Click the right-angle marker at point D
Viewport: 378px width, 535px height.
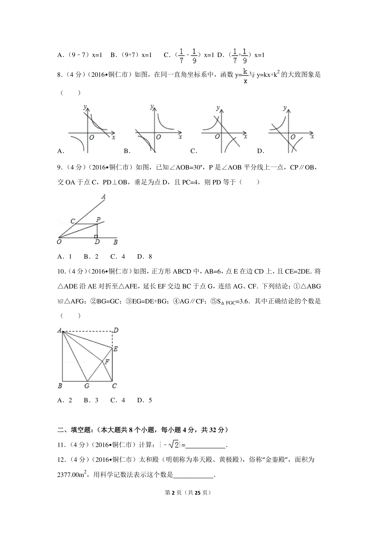click(96, 236)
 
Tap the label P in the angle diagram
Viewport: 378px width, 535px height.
click(99, 220)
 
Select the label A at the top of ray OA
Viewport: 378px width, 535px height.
click(103, 197)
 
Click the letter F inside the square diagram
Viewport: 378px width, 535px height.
click(107, 362)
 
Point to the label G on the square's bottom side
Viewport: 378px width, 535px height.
click(87, 386)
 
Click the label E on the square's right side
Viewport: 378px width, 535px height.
click(115, 349)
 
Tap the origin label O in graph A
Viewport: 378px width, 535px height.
click(92, 137)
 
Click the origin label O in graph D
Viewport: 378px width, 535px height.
click(293, 137)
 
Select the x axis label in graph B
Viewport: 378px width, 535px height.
click(180, 137)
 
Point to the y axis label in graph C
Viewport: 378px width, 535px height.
click(218, 108)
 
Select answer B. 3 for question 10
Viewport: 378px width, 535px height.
click(91, 400)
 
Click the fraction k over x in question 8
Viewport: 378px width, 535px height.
click(245, 76)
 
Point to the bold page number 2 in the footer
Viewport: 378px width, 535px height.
click(173, 492)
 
